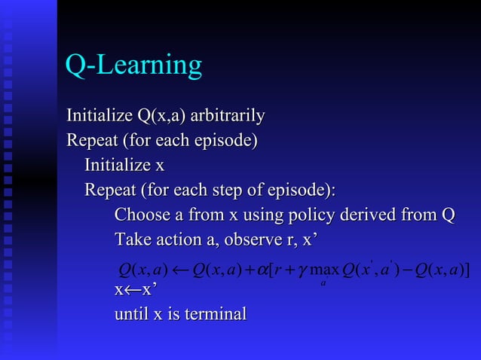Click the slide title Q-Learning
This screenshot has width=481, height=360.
tap(133, 66)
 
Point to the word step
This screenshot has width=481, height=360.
tap(246, 189)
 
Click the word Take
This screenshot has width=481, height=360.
tap(130, 239)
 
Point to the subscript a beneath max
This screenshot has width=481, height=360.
tap(323, 284)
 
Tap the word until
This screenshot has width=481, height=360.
tap(131, 313)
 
